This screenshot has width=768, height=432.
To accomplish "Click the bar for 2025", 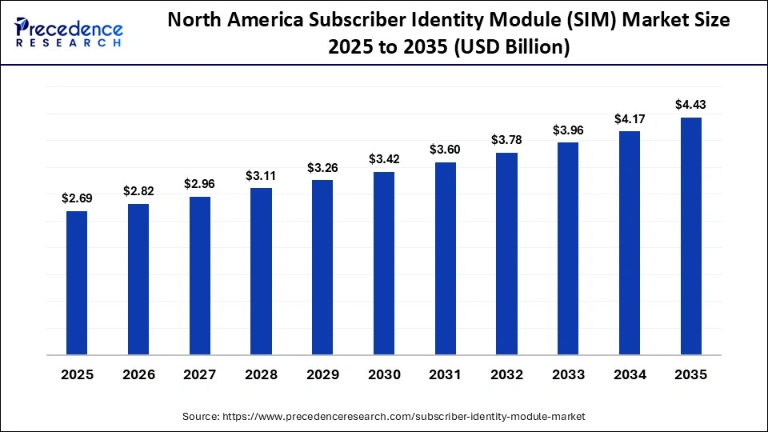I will [77, 282].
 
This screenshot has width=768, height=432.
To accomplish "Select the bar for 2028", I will [261, 271].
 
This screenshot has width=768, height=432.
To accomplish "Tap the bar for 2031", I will [446, 258].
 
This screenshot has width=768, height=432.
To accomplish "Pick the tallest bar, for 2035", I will [690, 236].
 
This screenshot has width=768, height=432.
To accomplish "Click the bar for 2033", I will [568, 248].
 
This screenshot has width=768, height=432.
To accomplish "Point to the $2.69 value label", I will [77, 198].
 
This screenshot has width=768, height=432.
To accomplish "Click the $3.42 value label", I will [384, 159].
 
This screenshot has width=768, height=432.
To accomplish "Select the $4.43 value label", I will [690, 104].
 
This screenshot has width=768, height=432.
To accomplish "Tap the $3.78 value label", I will [506, 140].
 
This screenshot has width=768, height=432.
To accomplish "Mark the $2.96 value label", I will [200, 183].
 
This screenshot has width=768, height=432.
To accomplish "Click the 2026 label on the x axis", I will [138, 374].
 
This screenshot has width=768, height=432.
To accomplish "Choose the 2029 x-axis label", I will [322, 374].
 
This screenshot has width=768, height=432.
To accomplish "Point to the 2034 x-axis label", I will [630, 374].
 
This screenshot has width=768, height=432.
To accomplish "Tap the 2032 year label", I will [506, 374].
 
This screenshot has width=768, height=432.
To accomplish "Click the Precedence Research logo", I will [69, 32].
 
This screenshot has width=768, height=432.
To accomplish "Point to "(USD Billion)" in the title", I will [511, 48].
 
